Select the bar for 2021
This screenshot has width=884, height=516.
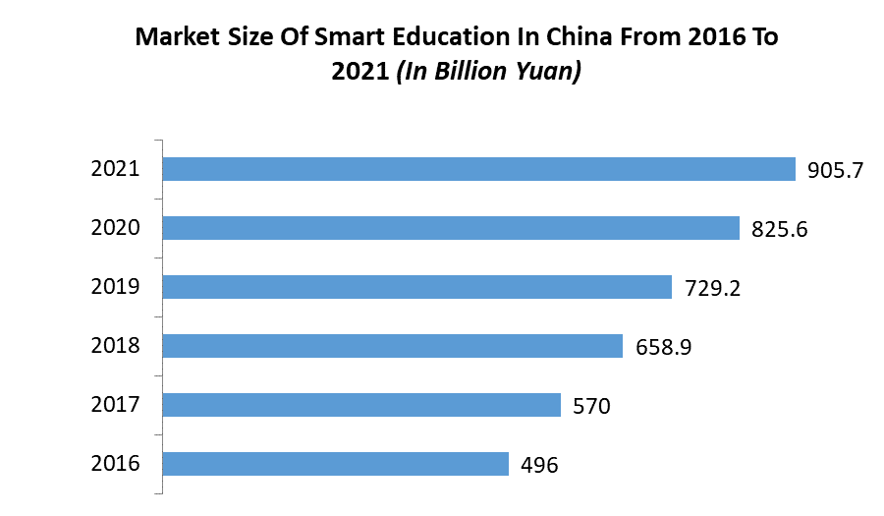point(478,169)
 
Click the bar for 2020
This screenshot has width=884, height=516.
point(451,228)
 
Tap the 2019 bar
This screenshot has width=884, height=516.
point(416,287)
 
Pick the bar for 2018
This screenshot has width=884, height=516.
point(392,346)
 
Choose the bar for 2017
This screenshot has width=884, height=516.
point(361,405)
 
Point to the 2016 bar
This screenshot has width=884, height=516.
point(335,464)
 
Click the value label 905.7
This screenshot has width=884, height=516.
point(835,170)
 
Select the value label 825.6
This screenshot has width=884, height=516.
point(779,229)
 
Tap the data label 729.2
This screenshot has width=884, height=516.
point(712,288)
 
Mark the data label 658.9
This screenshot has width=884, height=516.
point(663,347)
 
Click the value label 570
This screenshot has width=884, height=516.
point(591,406)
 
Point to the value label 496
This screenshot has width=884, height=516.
point(539,465)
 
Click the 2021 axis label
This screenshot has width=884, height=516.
point(116,169)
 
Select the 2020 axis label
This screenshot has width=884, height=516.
point(116,228)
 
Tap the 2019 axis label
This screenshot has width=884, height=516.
point(116,287)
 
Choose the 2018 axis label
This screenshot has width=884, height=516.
point(116,346)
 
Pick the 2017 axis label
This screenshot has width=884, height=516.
point(116,405)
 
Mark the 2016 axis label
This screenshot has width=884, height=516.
point(116,464)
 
